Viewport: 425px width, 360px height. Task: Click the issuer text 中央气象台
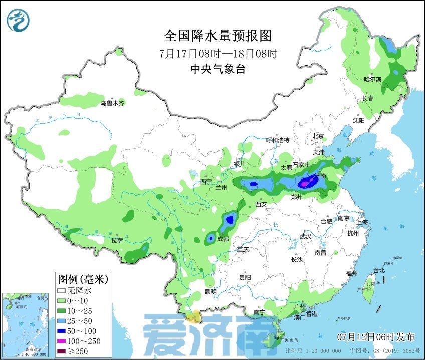[x=218, y=70]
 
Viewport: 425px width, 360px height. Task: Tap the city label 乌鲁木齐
[x=111, y=103]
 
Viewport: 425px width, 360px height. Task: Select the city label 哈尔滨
[x=372, y=79]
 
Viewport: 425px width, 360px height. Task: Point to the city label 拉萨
[x=117, y=241]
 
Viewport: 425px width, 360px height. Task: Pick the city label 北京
[x=318, y=136]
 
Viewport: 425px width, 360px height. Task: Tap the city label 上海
[x=362, y=222]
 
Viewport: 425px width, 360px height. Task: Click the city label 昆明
[x=210, y=292]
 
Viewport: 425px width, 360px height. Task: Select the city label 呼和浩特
[x=277, y=140]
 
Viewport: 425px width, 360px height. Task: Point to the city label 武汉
[x=305, y=235]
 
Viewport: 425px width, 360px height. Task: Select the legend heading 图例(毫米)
[x=83, y=278]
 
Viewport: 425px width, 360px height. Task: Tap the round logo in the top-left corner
[x=18, y=20]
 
